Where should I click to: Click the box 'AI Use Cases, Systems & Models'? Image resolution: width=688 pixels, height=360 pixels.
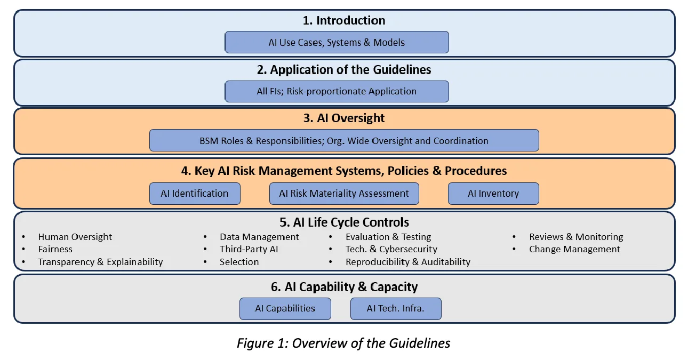tap(337, 42)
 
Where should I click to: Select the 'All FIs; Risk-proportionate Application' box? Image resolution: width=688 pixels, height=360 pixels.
tap(337, 91)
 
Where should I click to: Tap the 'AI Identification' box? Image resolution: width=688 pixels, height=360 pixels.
tap(195, 194)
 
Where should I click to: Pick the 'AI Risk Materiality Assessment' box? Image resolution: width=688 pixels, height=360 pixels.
tap(344, 194)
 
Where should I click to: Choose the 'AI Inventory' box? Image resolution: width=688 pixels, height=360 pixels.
tap(493, 194)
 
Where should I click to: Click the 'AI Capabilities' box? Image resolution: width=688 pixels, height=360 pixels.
tap(285, 308)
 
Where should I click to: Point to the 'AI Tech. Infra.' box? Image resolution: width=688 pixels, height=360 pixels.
tap(396, 308)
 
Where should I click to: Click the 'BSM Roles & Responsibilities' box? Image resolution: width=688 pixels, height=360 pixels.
tap(344, 140)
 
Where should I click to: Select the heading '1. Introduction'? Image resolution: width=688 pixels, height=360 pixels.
tap(344, 20)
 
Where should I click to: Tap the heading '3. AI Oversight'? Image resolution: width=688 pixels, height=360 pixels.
tap(344, 118)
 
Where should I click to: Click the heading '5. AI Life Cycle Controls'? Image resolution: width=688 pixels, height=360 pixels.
tap(344, 222)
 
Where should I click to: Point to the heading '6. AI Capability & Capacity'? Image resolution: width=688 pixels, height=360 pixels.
tap(344, 287)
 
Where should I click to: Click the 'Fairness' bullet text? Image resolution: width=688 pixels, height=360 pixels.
tap(55, 249)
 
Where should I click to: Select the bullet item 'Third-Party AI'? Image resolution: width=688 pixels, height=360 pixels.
tap(249, 249)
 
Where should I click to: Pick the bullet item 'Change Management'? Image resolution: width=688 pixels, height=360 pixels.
tap(574, 249)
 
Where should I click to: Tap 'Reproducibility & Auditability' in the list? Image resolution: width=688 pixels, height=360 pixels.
tap(408, 262)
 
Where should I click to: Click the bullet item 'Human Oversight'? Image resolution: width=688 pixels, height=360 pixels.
tap(75, 237)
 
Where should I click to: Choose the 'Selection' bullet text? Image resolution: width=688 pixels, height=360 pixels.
tap(239, 262)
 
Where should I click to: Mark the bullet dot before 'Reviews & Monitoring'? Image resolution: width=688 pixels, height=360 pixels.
tap(514, 237)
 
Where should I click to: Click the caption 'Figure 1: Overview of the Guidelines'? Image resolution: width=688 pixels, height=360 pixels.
tap(343, 343)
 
